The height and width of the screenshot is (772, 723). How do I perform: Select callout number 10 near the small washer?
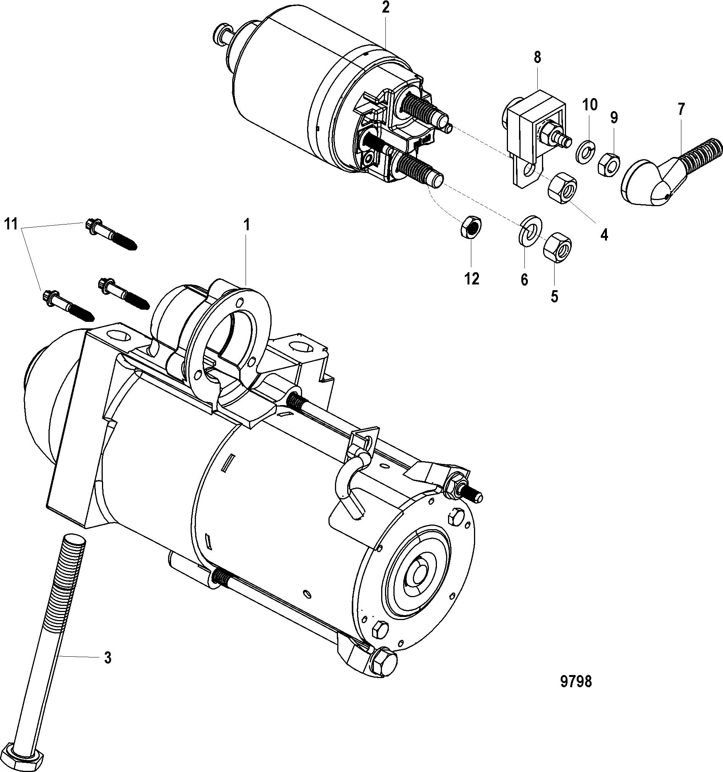590,105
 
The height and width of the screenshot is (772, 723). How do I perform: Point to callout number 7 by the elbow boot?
681,109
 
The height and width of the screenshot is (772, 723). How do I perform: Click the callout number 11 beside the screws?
11,224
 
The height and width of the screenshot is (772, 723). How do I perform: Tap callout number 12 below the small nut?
472,278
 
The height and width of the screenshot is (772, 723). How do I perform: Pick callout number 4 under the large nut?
604,234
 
